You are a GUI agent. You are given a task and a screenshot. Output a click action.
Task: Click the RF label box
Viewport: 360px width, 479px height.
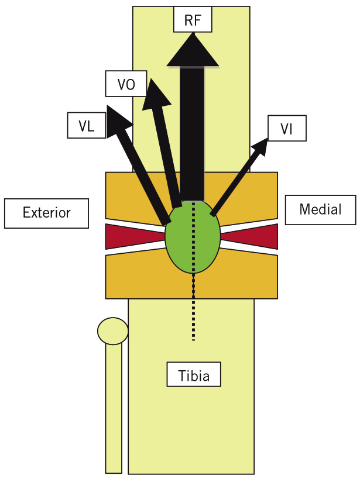coord(193,19)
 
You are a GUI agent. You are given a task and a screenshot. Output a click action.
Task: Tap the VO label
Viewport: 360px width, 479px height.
coord(126,84)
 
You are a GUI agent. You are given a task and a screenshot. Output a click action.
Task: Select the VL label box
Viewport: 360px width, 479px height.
coord(87,125)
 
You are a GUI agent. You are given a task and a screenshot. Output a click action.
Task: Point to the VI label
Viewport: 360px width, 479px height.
coord(287,128)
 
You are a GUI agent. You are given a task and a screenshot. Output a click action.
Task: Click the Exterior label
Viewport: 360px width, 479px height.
coord(46,213)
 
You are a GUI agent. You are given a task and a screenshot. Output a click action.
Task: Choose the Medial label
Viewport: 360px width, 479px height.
coord(321,210)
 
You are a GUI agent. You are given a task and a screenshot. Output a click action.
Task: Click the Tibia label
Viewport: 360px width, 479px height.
coord(194,374)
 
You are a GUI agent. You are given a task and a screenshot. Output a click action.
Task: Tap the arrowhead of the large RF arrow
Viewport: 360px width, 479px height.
coord(193,50)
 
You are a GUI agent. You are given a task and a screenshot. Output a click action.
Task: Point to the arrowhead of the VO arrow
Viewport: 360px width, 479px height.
coord(155,95)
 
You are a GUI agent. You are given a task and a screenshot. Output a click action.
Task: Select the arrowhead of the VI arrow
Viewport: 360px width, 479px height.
coord(260,147)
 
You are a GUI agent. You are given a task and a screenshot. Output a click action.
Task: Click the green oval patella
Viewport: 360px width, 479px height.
coord(193,236)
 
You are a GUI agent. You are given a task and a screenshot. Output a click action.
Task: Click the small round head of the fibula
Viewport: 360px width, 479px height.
coord(113,331)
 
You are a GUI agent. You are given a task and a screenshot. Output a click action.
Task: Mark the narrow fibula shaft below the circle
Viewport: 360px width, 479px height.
coord(114,408)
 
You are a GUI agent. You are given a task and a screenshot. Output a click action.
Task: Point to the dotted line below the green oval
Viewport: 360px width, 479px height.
coord(193,306)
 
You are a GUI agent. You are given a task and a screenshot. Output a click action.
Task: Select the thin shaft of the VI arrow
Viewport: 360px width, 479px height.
coord(235,182)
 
